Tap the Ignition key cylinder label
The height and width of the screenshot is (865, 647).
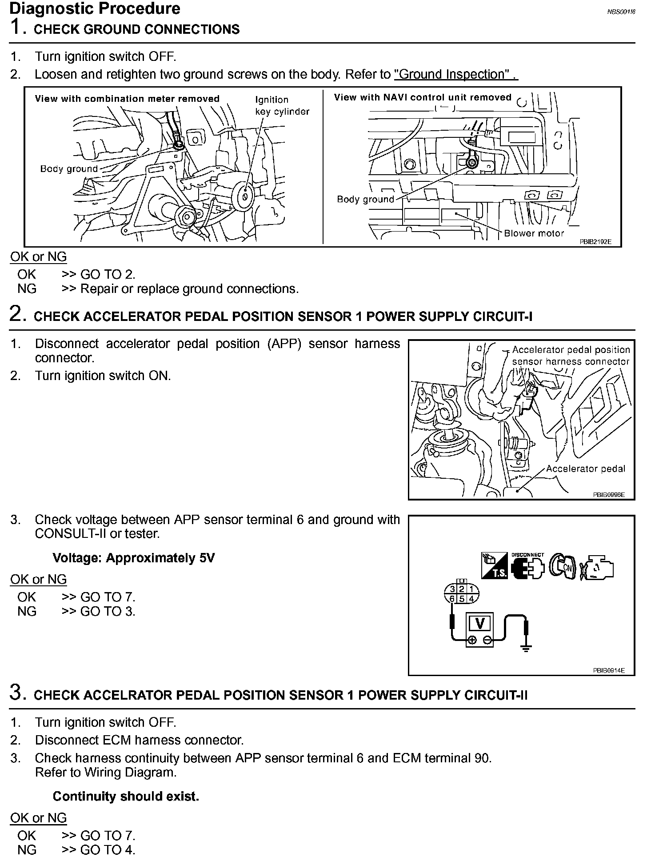click(x=282, y=106)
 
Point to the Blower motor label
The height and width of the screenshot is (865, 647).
click(x=534, y=233)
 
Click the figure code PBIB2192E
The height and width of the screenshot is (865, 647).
click(x=595, y=242)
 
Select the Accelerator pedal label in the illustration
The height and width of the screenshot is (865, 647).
click(x=585, y=469)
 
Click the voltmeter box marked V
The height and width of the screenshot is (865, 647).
click(x=480, y=623)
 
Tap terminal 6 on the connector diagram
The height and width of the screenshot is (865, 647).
click(x=452, y=598)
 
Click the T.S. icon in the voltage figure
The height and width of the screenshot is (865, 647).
click(x=494, y=565)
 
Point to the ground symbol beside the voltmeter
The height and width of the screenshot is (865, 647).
click(x=526, y=649)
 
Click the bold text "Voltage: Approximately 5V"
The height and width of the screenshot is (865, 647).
click(x=133, y=558)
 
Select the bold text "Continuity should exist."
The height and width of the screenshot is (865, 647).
click(x=126, y=796)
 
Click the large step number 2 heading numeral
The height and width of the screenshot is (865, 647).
click(x=16, y=314)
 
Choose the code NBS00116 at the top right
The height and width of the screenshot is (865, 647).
click(x=621, y=12)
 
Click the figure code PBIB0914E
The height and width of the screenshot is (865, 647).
click(x=608, y=670)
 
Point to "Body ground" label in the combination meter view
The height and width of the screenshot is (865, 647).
click(x=69, y=169)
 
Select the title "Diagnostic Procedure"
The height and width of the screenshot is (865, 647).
click(x=95, y=8)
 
